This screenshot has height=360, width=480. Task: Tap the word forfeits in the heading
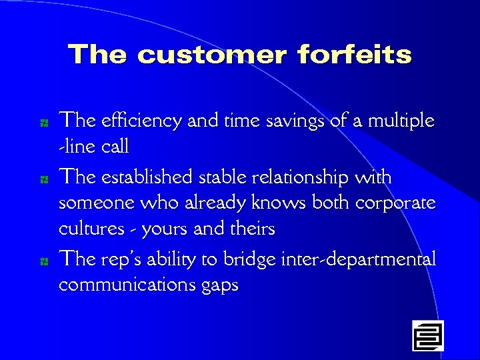[355, 55]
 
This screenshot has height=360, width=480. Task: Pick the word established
[145, 178]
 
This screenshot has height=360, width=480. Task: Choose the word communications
[126, 285]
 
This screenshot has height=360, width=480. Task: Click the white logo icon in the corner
[427, 335]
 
